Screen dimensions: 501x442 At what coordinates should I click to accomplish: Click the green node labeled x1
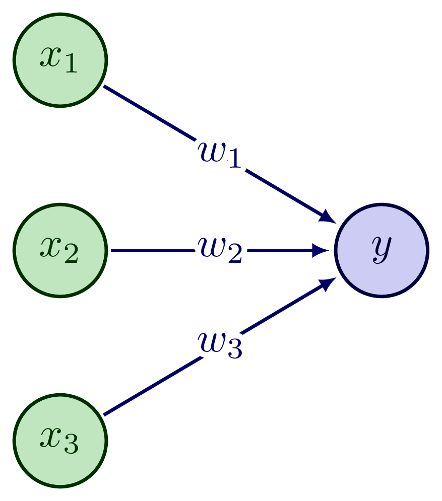coord(60,59)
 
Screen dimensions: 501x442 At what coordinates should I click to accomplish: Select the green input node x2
coord(60,250)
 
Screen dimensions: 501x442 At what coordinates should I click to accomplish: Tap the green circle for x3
coord(60,441)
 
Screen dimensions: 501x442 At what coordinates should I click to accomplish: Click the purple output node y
coord(382,250)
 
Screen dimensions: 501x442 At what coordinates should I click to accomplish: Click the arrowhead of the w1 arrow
coord(328,217)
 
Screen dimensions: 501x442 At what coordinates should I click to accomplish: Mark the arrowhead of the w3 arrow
coord(328,283)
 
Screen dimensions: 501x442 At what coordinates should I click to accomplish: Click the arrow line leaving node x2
coord(151,250)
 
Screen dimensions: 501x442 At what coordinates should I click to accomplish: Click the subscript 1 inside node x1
coord(71,65)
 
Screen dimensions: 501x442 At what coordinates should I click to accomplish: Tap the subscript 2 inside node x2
coord(71,256)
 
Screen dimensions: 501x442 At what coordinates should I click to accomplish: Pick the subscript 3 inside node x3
coord(71,447)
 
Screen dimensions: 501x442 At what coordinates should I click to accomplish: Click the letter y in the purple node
coord(382,250)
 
